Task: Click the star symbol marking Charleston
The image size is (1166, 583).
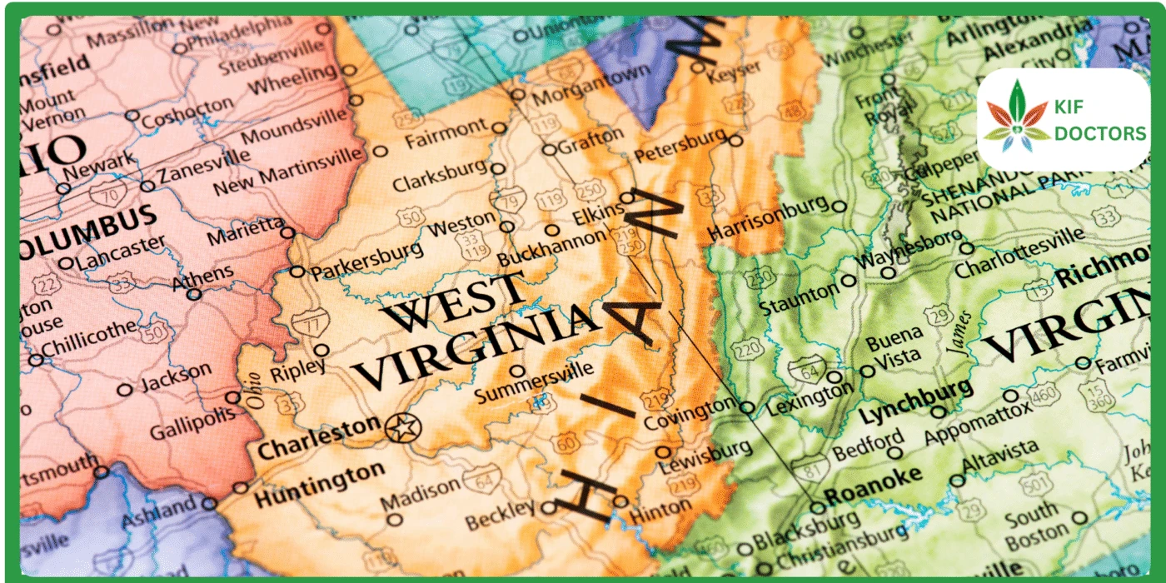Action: [x=404, y=428]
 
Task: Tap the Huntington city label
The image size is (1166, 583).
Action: [x=319, y=483]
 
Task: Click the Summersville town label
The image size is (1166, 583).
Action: [x=535, y=380]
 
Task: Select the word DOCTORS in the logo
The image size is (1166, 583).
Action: [x=1099, y=133]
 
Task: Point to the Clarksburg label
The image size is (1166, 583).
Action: [x=439, y=176]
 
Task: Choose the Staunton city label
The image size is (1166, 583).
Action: [x=798, y=294]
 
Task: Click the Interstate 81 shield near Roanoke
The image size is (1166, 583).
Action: [x=809, y=468]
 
